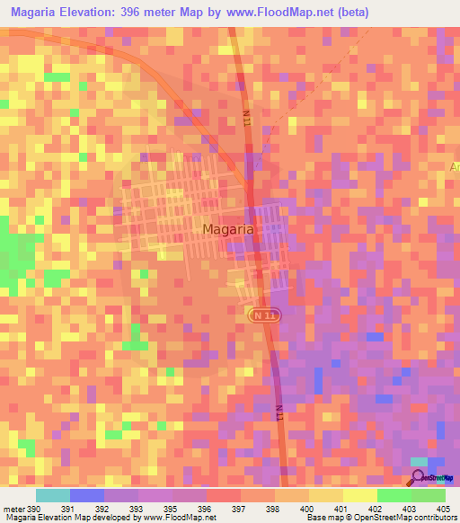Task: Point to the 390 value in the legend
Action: [34, 508]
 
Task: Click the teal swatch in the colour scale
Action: [53, 495]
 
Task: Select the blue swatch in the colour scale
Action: [87, 495]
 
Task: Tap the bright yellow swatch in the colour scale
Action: [359, 495]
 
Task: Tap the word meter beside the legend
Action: [13, 508]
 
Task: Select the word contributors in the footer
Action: [433, 518]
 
